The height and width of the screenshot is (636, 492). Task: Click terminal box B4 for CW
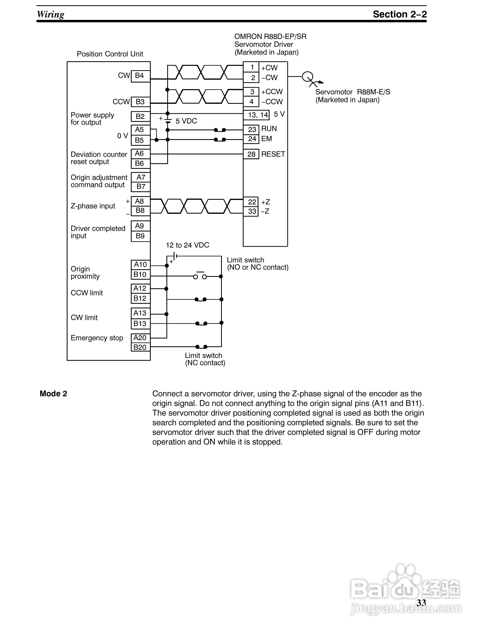[140, 76]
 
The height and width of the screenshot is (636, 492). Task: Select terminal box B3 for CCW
[140, 102]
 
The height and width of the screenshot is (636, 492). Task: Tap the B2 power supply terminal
[140, 116]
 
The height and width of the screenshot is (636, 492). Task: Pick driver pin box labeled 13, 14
[257, 115]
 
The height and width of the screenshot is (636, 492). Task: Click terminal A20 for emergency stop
[140, 338]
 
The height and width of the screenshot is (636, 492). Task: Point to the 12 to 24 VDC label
[188, 245]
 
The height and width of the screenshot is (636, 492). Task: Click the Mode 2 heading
[53, 394]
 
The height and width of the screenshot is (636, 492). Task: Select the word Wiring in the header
[51, 14]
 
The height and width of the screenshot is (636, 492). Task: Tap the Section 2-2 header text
[400, 14]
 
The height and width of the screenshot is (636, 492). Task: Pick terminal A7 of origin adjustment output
[140, 177]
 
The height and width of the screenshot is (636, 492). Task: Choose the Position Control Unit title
[110, 54]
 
